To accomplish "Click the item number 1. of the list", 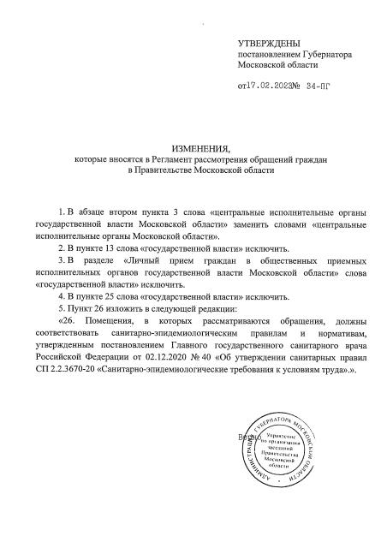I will (61, 210).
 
